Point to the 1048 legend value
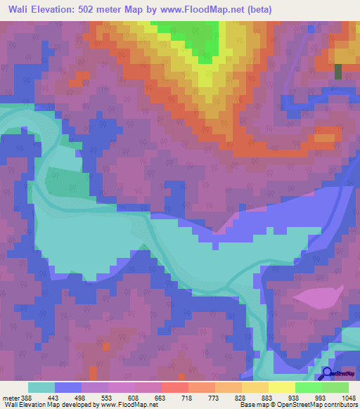(x=347, y=397)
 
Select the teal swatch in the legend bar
(x=41, y=387)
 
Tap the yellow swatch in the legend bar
(x=281, y=387)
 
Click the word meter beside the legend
(x=8, y=397)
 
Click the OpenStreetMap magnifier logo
(x=328, y=373)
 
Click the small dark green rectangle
(x=338, y=71)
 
